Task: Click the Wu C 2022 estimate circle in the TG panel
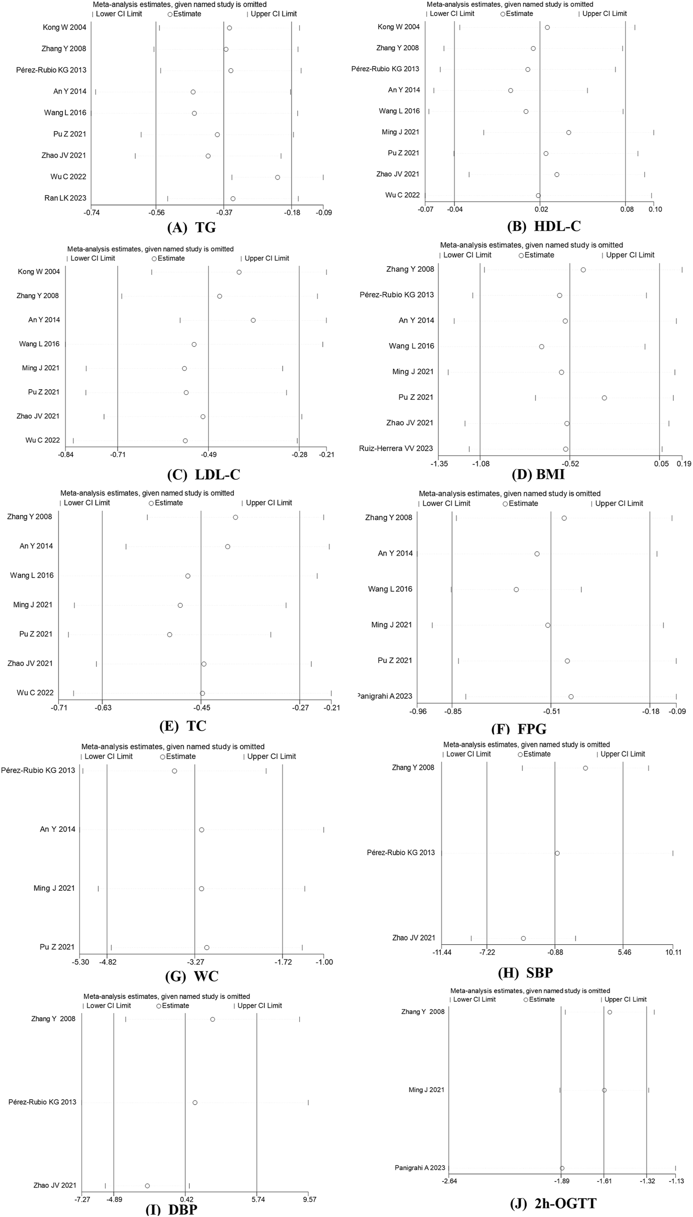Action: click(277, 177)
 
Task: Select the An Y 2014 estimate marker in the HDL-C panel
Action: click(510, 91)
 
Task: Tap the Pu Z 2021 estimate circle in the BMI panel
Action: click(604, 398)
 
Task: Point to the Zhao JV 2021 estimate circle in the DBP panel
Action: click(147, 1186)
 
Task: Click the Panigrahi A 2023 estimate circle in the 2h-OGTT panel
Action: click(562, 1168)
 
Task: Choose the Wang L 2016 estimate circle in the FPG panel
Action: click(516, 590)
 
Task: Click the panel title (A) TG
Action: click(191, 228)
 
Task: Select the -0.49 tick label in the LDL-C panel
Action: click(208, 454)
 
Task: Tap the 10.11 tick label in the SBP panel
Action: click(673, 952)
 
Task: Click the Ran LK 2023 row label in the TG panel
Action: click(65, 198)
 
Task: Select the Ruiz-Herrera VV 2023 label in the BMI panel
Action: click(396, 448)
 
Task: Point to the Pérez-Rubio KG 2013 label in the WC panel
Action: click(38, 771)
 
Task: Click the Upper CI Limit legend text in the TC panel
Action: click(268, 503)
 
